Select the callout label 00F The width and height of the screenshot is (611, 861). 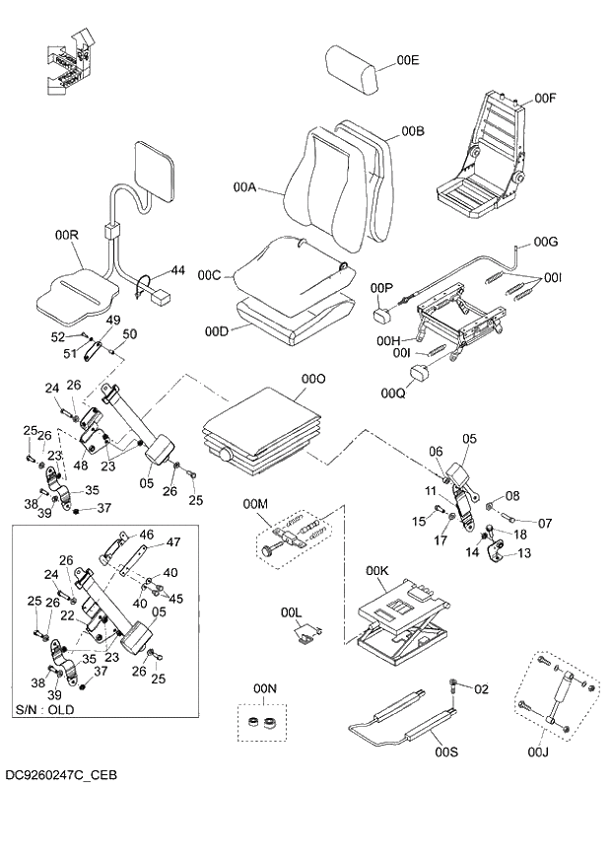546,99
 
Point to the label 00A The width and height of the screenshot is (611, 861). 244,186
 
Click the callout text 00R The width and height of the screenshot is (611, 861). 66,235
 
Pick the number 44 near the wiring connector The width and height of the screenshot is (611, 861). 177,269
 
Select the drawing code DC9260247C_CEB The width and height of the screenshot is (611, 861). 60,776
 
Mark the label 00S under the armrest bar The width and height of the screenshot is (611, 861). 446,753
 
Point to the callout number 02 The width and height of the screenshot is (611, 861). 481,688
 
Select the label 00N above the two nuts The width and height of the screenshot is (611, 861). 265,686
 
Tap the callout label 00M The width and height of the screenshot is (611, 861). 254,505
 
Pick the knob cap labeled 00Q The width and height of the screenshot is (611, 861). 421,374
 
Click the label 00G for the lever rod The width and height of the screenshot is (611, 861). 546,242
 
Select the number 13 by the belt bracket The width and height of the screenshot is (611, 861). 523,553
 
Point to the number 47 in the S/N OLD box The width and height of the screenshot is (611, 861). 173,542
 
